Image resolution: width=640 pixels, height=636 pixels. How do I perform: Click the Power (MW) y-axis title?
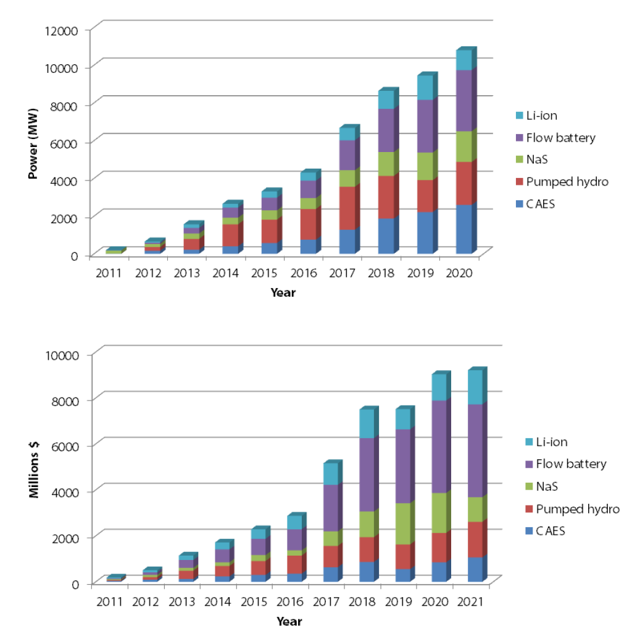[35, 143]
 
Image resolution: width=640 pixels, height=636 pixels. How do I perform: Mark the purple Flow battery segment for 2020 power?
[463, 101]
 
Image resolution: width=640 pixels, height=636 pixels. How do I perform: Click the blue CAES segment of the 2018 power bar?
[386, 236]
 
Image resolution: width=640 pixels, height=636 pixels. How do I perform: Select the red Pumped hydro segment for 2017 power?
[347, 208]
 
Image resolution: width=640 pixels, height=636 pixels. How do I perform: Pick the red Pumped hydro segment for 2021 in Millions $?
[474, 539]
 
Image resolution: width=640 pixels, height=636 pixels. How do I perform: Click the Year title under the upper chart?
[283, 293]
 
